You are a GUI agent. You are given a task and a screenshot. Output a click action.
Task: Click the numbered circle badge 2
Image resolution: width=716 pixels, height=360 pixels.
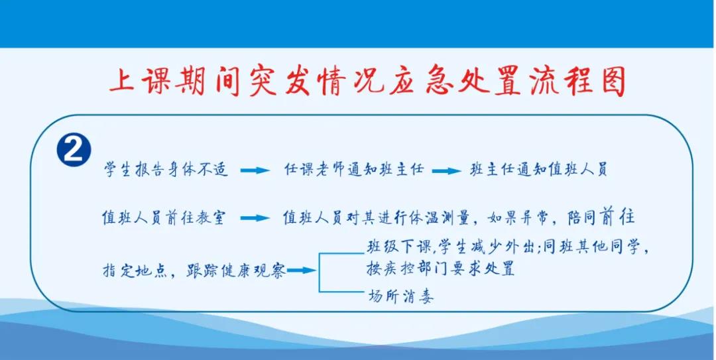pos(74,151)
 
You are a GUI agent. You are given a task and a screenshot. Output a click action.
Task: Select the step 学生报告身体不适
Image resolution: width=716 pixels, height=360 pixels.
pos(166,170)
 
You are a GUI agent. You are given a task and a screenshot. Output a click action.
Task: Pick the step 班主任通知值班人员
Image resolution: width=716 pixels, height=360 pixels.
pos(538,170)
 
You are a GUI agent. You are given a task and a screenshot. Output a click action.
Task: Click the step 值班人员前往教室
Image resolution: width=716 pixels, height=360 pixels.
pos(163,217)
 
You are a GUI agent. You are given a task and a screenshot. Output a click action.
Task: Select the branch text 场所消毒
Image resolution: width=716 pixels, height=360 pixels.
pos(400,296)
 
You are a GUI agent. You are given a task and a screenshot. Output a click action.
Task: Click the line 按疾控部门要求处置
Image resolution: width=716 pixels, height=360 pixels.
pos(440,270)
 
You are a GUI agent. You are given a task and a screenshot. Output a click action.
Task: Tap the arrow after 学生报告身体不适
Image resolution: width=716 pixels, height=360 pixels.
pos(255,171)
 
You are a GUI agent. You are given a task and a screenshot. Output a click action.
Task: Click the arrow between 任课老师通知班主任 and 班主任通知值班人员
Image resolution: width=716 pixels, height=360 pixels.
pos(446,171)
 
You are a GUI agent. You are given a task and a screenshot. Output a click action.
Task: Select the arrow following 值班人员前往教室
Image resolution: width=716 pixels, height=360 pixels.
pos(255,218)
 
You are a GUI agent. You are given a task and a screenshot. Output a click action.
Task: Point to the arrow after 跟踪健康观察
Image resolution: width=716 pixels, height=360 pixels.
pos(301,270)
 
